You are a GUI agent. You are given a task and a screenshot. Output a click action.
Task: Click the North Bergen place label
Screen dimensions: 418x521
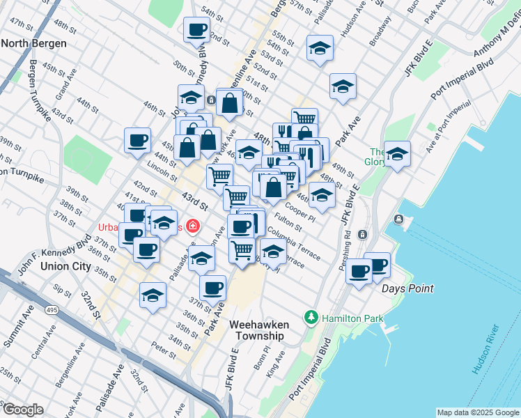point(34,43)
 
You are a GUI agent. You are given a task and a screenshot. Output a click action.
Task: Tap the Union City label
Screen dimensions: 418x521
point(65,266)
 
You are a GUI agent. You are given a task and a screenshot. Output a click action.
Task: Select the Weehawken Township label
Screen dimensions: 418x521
point(257,330)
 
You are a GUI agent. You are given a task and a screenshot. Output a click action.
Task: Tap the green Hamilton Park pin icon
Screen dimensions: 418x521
point(311,318)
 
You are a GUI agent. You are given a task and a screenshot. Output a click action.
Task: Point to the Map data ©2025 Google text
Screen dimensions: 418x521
point(478,412)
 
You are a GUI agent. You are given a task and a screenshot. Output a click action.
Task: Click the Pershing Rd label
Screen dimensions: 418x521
point(348,240)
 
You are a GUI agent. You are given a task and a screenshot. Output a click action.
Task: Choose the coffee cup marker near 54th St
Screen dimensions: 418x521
point(196,29)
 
